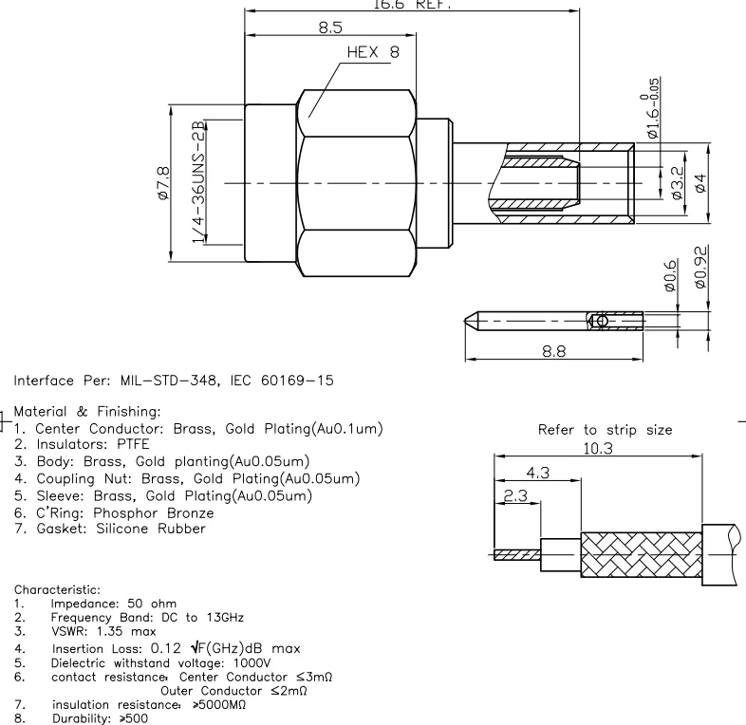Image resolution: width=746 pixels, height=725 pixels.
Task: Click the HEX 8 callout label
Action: (x=373, y=53)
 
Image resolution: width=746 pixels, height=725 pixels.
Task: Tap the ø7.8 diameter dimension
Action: (x=163, y=181)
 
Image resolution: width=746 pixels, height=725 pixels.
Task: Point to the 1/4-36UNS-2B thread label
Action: (x=198, y=180)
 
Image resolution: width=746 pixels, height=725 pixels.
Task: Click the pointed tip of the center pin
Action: (x=470, y=321)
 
